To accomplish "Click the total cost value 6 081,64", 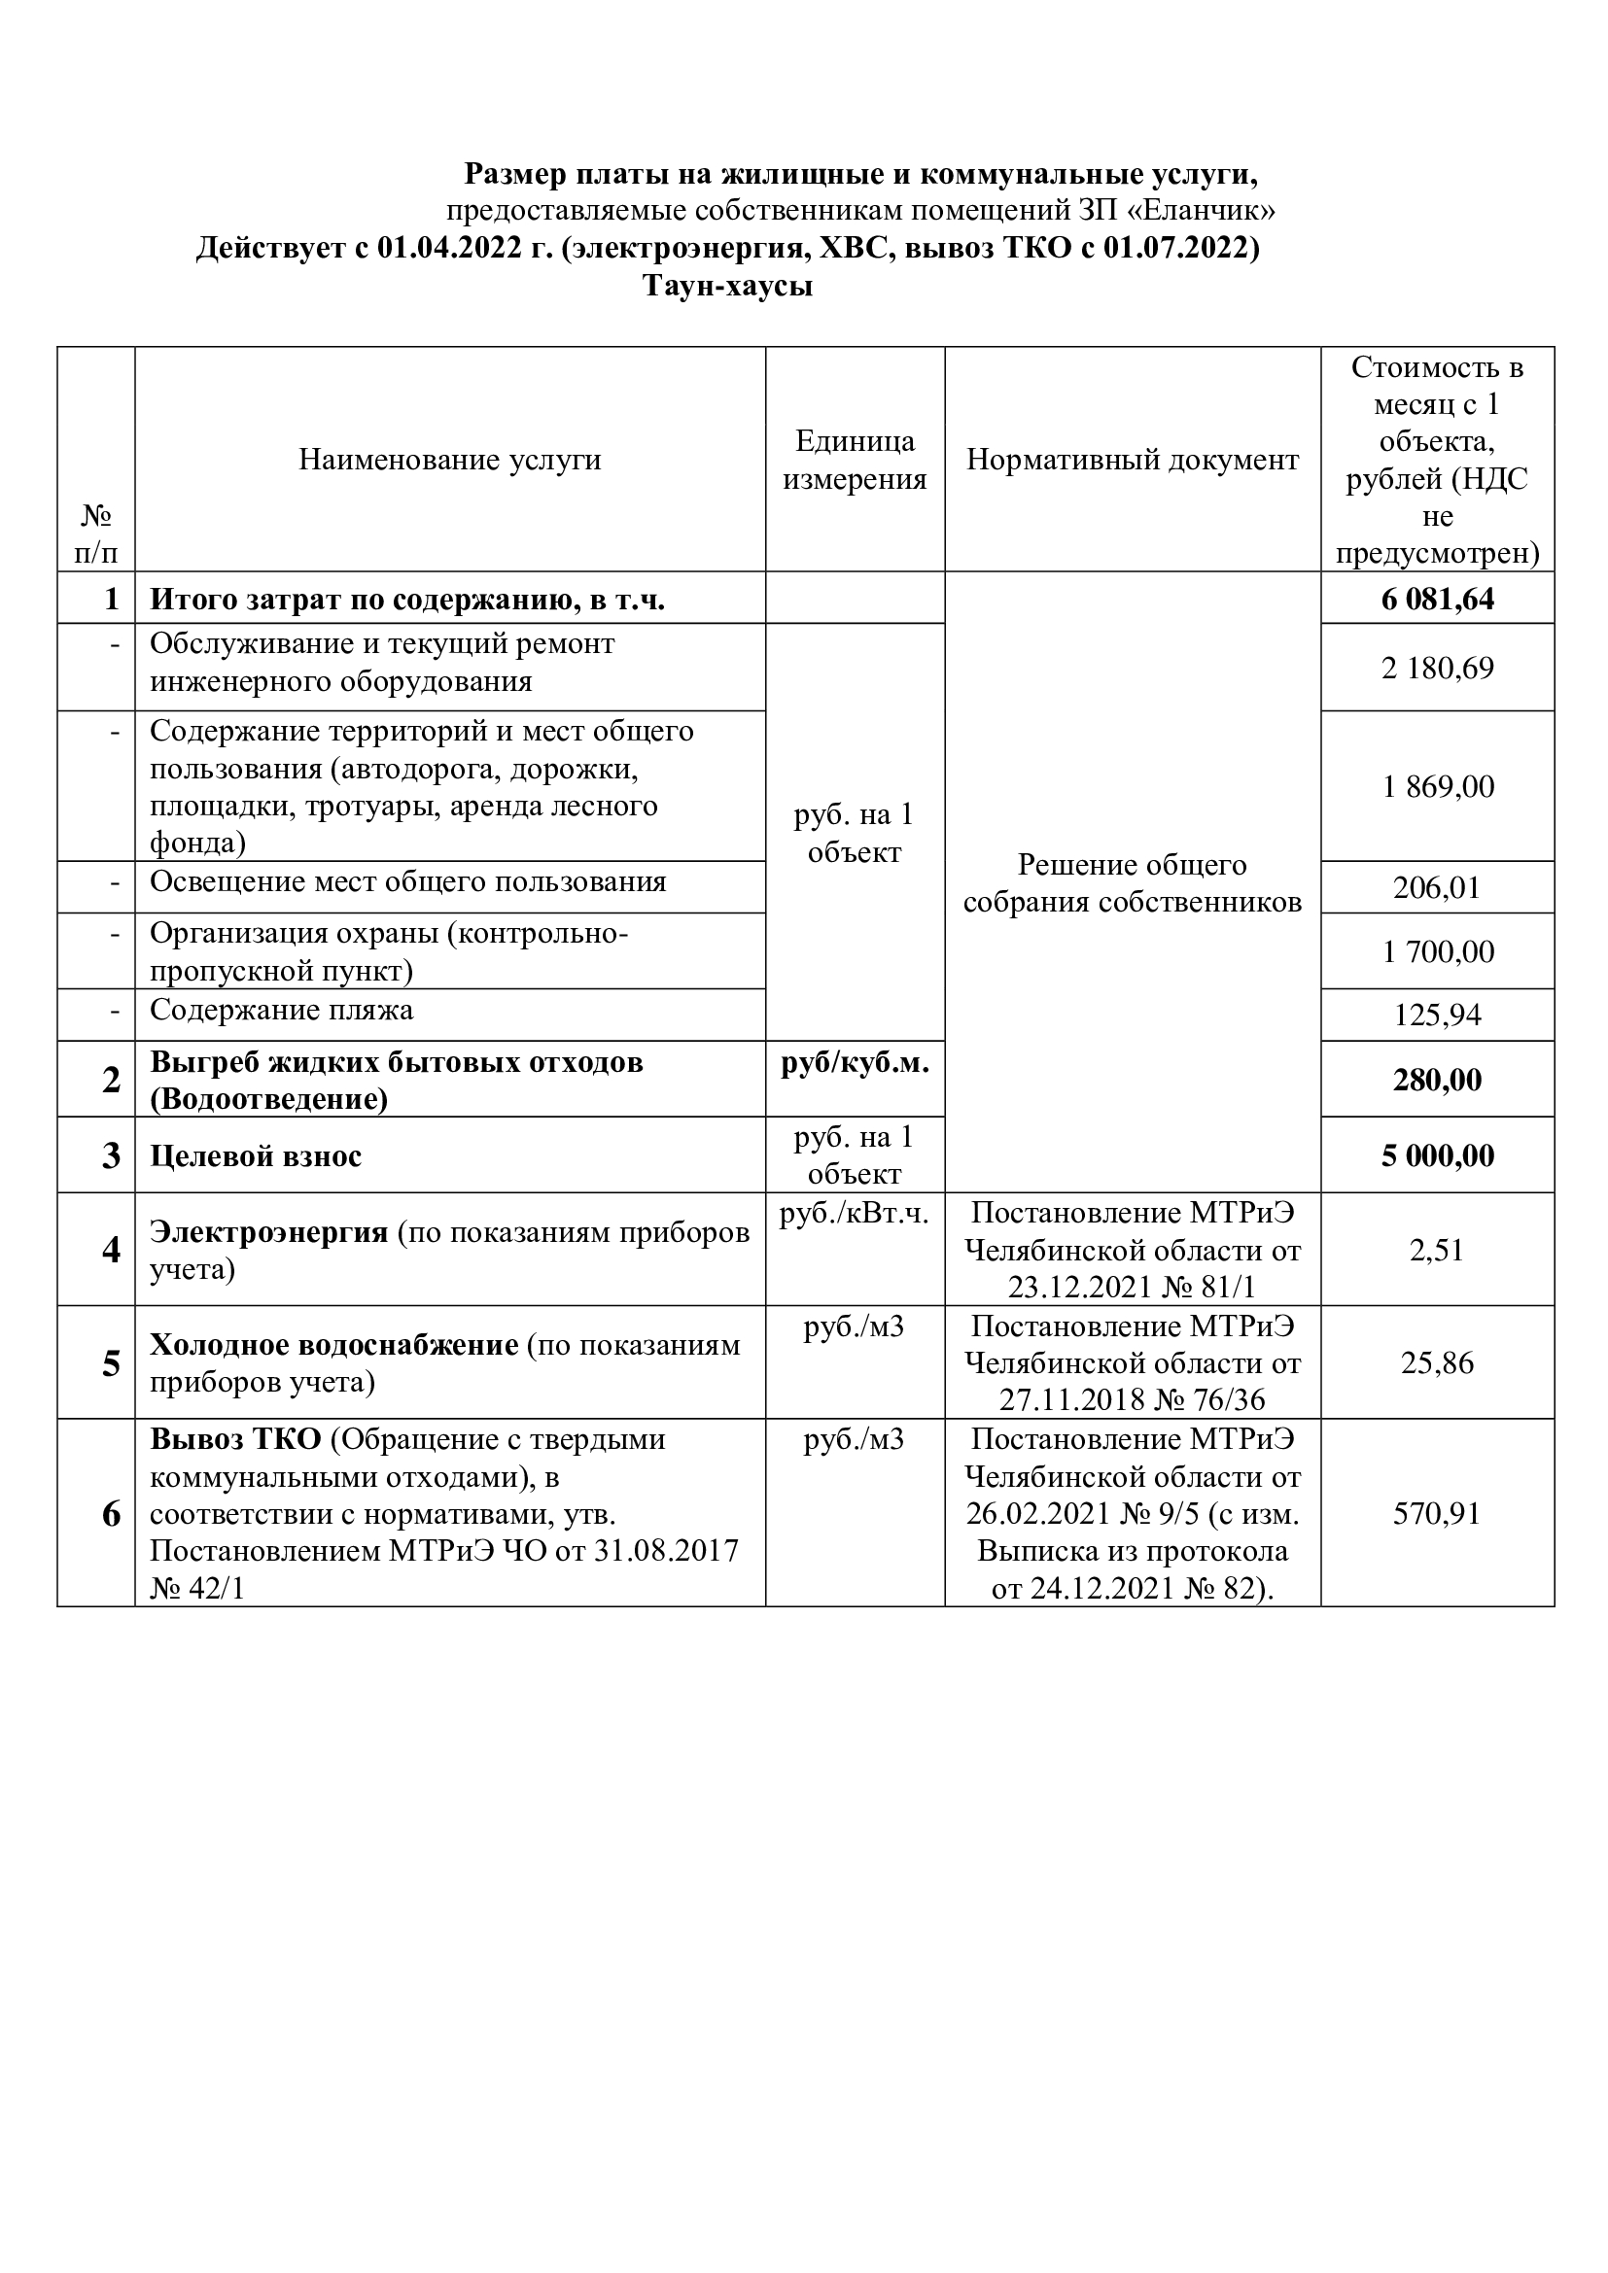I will coord(1437,599).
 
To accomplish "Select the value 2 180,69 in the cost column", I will coord(1437,669).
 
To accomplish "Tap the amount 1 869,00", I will coord(1437,787).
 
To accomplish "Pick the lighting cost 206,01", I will coord(1437,888).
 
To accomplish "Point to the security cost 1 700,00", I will coord(1437,952).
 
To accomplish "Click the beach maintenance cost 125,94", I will coord(1437,1016).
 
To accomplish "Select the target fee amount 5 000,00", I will coord(1437,1156).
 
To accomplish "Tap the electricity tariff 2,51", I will coord(1437,1251).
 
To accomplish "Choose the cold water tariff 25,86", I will coord(1437,1363).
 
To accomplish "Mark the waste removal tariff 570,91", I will coord(1437,1514).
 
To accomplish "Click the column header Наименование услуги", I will coord(449,461).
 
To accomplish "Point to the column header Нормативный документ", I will coord(1132,461).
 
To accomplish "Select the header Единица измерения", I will coord(855,461).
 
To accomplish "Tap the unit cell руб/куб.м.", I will coord(855,1064).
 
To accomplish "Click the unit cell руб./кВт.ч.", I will coord(855,1214).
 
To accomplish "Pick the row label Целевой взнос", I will coord(256,1156).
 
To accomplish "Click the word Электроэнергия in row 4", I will coord(268,1232).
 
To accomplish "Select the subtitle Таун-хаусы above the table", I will coord(728,286).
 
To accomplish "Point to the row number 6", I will coord(111,1514).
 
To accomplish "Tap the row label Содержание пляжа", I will coord(281,1011).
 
